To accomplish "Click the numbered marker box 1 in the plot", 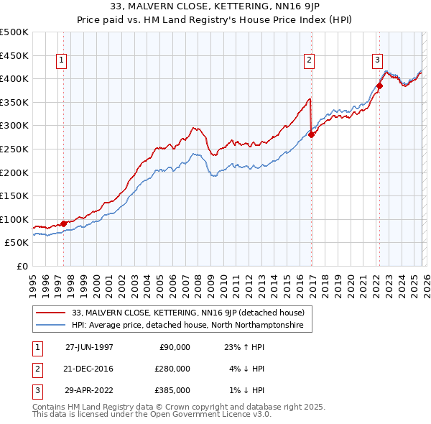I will click(62, 61).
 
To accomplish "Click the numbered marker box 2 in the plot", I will click(310, 61).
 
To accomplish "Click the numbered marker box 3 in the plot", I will click(377, 61).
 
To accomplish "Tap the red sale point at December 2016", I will click(311, 134).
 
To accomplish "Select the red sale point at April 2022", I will click(379, 86).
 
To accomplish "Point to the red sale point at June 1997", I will click(64, 223).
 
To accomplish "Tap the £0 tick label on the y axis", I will click(21, 266).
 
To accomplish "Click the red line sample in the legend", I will click(51, 313).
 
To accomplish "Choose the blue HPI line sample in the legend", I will click(51, 326).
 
